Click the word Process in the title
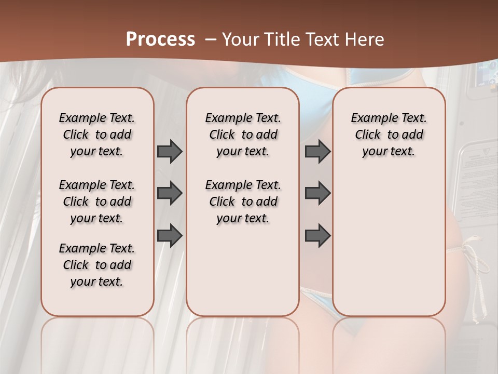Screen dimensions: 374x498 (x=160, y=39)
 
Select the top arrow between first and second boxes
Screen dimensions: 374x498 (x=170, y=152)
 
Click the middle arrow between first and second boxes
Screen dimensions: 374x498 (x=170, y=194)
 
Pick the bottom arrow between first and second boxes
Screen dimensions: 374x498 (x=170, y=235)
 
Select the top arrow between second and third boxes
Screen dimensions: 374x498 (x=317, y=152)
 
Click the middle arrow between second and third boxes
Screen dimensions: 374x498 (x=317, y=194)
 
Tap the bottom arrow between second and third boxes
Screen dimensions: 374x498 (x=317, y=235)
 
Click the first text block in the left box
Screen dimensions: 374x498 (x=97, y=135)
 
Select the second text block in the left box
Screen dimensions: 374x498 (x=97, y=202)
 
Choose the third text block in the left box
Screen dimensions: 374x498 (x=97, y=265)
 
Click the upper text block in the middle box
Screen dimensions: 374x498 (x=243, y=135)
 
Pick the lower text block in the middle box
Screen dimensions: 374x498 (x=243, y=202)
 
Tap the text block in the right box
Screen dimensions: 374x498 (x=389, y=135)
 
